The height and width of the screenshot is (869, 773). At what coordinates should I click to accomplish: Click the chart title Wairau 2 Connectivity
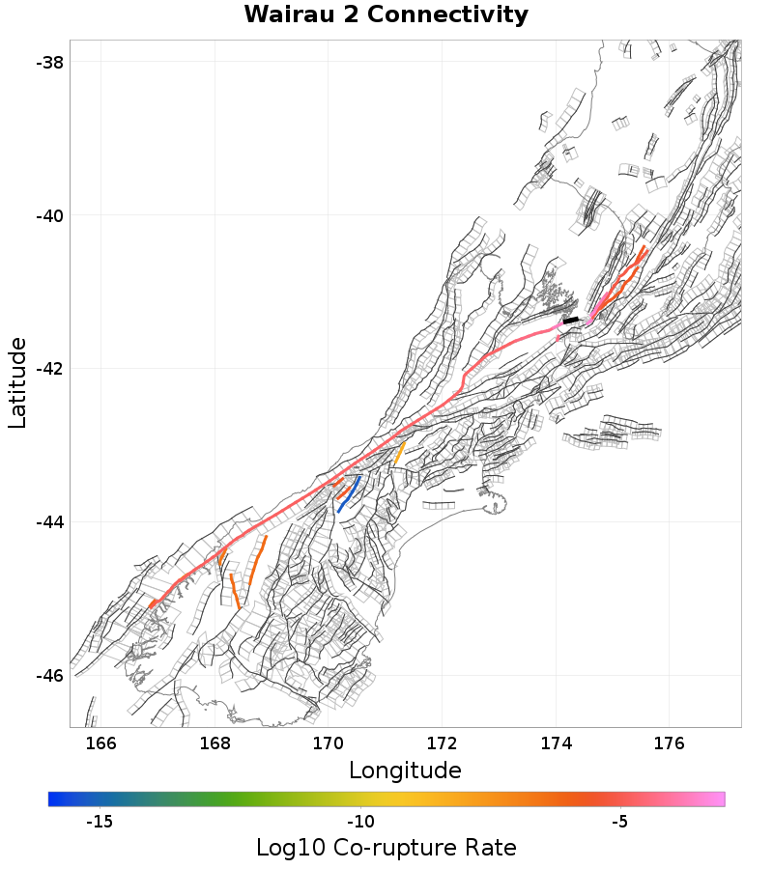(x=386, y=15)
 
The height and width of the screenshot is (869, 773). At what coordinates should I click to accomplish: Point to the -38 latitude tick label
(x=49, y=62)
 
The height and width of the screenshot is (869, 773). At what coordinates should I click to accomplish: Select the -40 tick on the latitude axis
(x=49, y=215)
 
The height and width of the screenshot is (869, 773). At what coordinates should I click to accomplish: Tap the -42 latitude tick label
(x=49, y=369)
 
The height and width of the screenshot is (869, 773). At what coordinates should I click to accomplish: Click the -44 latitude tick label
(x=49, y=522)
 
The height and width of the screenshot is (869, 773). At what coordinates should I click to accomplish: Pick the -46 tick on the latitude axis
(x=49, y=676)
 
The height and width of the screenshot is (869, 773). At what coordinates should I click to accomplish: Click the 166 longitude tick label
(x=101, y=743)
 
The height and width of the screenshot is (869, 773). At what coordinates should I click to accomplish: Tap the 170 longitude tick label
(x=329, y=743)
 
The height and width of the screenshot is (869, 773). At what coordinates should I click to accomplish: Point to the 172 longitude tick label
(x=443, y=743)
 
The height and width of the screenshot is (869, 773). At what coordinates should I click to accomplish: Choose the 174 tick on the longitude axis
(x=556, y=743)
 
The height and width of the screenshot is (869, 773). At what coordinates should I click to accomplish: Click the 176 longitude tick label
(x=670, y=743)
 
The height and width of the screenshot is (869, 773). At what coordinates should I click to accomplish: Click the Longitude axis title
(x=405, y=771)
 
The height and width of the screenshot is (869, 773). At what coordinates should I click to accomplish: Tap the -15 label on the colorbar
(x=100, y=822)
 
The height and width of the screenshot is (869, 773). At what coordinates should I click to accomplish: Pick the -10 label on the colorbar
(x=360, y=822)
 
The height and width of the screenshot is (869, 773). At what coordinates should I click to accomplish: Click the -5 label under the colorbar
(x=620, y=822)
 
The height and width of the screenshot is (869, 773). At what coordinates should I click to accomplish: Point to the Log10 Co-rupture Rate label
(x=386, y=848)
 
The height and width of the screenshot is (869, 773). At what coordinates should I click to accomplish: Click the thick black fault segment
(x=571, y=320)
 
